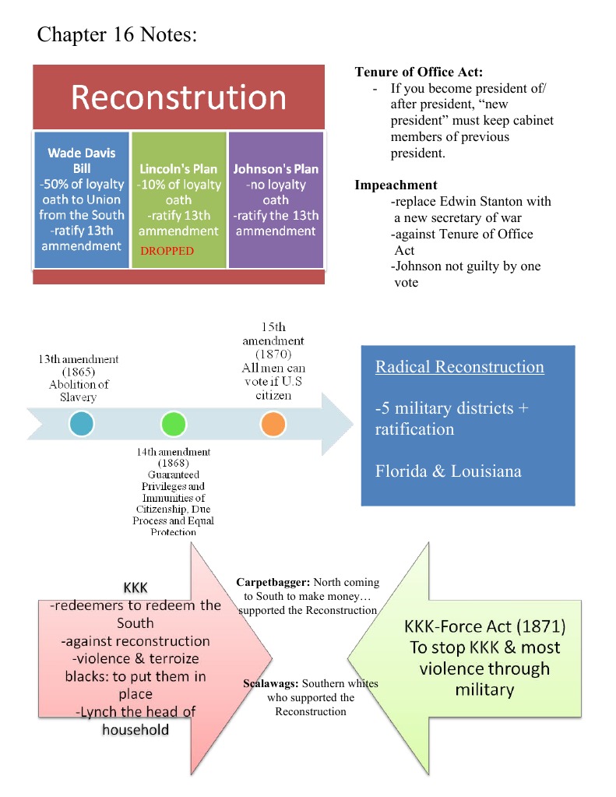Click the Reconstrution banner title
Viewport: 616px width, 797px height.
(x=178, y=98)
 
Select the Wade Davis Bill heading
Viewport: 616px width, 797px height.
(x=81, y=160)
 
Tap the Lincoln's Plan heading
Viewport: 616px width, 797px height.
(x=178, y=169)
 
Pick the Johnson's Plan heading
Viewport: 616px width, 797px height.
(x=276, y=169)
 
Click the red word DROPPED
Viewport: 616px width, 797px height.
(x=167, y=252)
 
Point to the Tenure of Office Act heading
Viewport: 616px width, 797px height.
(x=419, y=72)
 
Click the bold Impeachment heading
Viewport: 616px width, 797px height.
(x=396, y=185)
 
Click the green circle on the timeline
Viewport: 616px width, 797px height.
(x=173, y=425)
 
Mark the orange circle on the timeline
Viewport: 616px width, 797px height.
(x=273, y=425)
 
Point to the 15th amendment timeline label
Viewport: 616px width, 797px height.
(x=273, y=334)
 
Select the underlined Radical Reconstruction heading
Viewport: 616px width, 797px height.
(x=459, y=367)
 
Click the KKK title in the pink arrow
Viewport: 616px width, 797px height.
(x=136, y=587)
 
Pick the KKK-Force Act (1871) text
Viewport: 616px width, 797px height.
(x=484, y=627)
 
